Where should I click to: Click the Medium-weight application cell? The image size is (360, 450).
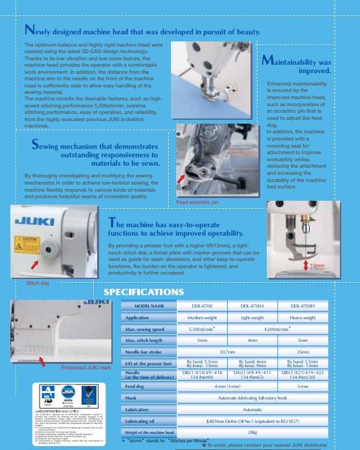201,317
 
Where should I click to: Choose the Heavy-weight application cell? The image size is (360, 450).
302,317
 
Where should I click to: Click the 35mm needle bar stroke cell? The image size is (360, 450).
302,352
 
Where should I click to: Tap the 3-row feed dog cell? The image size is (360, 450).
302,385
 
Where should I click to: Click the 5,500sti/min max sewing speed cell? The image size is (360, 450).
201,329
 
